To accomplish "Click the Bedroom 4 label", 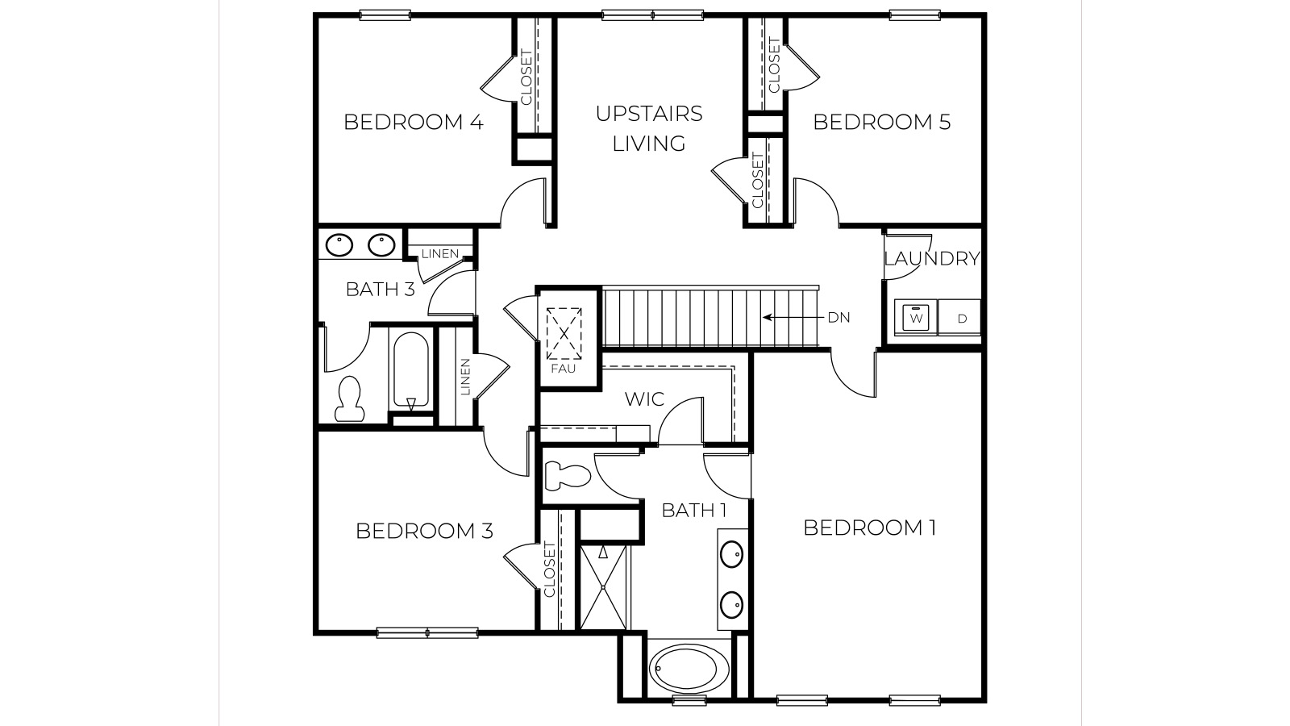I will (x=413, y=122).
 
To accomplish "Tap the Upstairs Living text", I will (x=649, y=128).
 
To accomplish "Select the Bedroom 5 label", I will (x=881, y=122).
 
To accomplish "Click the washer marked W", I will (x=916, y=318).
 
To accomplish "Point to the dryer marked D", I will (x=961, y=318).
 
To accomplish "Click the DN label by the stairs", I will (x=838, y=318).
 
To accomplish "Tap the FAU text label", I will (x=563, y=369).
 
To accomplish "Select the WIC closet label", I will (x=644, y=398).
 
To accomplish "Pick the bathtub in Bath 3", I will (x=411, y=372).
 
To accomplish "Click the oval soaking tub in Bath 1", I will (x=689, y=669).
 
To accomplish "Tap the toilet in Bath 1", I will (x=566, y=475).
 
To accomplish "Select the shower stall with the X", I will (x=604, y=587).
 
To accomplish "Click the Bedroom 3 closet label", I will (x=550, y=570).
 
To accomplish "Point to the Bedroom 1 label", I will (x=869, y=528).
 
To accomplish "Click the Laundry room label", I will (x=931, y=259).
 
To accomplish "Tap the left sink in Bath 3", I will (x=339, y=244).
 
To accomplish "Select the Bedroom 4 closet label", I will (x=526, y=77).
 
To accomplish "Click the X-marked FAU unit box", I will (x=564, y=332).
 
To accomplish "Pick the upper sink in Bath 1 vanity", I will (x=731, y=554).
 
